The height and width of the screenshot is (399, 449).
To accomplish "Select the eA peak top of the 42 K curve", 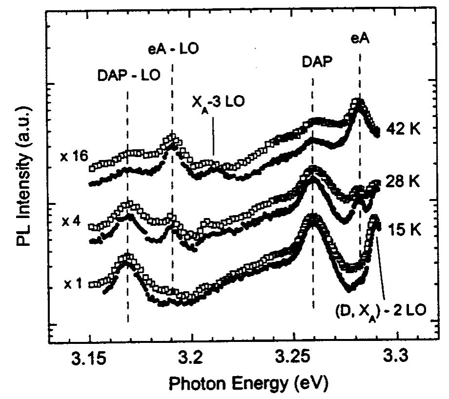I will point(359,101).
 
